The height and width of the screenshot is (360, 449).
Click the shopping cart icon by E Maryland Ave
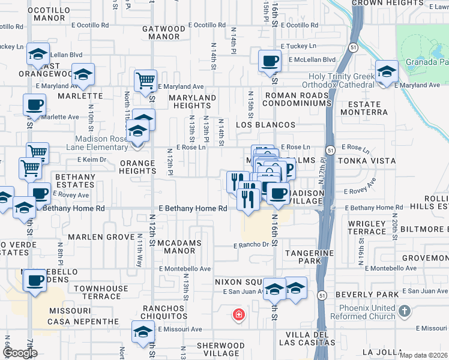point(145,80)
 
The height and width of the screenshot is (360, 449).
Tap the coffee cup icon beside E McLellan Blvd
point(270,60)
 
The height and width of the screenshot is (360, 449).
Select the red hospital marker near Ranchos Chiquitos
point(239,314)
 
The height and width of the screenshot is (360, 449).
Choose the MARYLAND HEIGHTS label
point(192,101)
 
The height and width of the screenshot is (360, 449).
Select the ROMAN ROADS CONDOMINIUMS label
point(298,99)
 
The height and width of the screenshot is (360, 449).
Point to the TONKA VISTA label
point(367,161)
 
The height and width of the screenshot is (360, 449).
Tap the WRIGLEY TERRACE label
point(367,227)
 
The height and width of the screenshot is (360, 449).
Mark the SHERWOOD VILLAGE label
point(221,349)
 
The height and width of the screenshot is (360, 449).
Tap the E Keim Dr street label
point(91,160)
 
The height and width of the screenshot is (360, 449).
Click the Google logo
point(20,353)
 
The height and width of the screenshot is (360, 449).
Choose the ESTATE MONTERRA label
point(364,108)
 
